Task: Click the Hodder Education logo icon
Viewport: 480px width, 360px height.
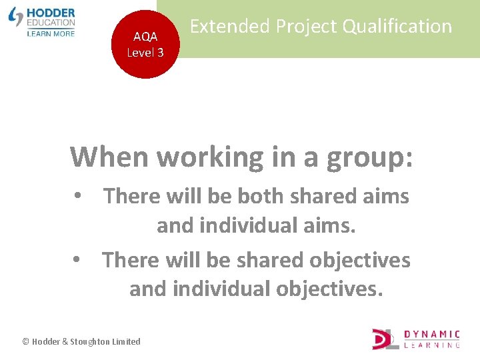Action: point(16,17)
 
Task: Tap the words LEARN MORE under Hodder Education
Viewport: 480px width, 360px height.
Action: point(51,33)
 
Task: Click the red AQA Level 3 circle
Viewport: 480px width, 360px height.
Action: point(145,45)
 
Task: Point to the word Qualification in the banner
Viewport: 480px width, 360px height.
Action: point(399,27)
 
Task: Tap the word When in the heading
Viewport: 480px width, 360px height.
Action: point(110,157)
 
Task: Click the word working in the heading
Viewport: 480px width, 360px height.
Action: point(210,158)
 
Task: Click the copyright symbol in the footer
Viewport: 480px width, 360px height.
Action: point(26,342)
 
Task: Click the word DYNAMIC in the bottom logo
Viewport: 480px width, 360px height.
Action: point(432,334)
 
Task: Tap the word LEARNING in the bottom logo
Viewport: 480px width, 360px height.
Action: point(432,345)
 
